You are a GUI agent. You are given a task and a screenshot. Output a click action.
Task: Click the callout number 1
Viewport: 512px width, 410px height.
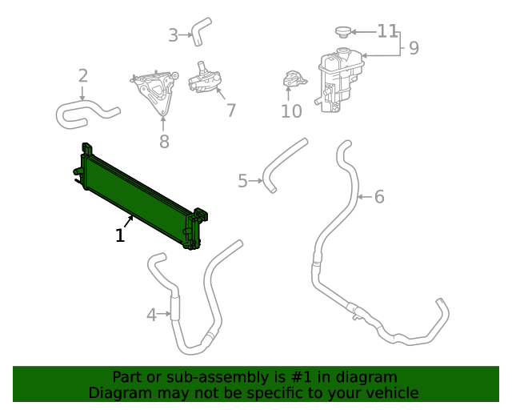(120, 235)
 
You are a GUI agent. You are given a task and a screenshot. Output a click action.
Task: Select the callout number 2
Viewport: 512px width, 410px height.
(83, 76)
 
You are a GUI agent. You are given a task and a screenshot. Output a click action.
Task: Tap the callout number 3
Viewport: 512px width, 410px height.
(173, 34)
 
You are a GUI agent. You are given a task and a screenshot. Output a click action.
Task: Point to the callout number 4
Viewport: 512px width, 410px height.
(151, 315)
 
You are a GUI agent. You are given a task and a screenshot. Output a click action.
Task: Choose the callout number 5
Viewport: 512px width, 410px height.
(242, 181)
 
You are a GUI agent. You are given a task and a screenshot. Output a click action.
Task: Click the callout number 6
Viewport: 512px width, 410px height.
(379, 196)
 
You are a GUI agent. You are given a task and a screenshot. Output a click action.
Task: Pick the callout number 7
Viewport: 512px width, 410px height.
(230, 111)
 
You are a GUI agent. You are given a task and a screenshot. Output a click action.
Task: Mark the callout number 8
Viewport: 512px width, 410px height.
(164, 142)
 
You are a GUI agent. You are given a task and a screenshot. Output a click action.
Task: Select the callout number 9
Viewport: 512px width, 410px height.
(414, 48)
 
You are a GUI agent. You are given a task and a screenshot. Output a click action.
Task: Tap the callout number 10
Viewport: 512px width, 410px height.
(291, 111)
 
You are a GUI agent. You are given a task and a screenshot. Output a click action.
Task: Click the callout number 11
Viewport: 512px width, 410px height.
(387, 31)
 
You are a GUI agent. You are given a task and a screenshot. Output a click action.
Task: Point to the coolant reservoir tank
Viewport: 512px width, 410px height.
(339, 80)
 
